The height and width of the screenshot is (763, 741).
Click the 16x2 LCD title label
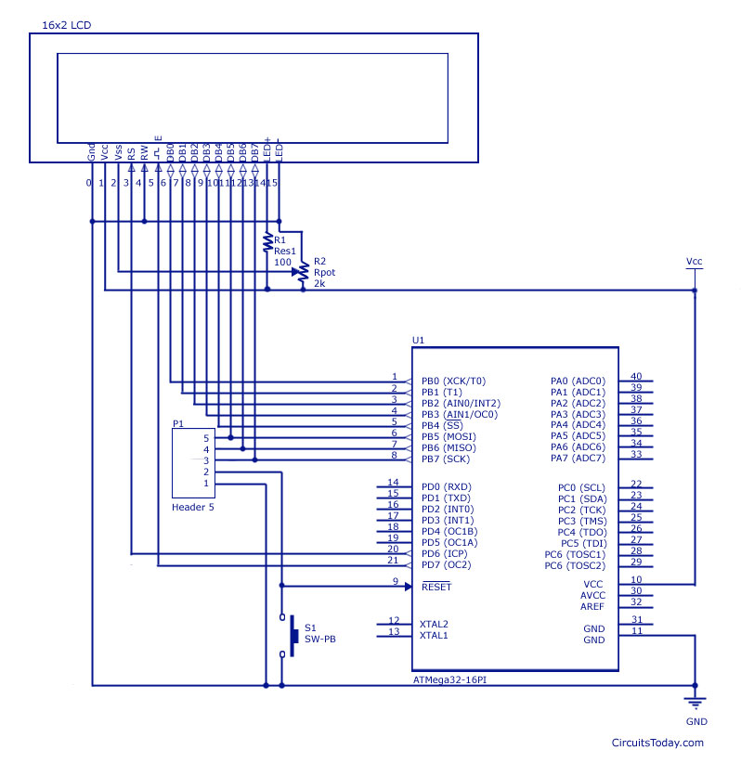(x=66, y=23)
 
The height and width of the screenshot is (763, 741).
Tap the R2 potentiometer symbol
(x=303, y=272)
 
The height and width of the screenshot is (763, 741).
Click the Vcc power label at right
(x=695, y=262)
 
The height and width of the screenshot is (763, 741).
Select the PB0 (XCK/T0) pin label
(x=453, y=381)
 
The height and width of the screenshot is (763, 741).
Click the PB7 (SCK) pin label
(x=446, y=458)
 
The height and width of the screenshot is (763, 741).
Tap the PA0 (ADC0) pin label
(x=578, y=381)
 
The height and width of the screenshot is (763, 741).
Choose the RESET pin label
(x=435, y=587)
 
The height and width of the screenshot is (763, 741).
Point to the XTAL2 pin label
(x=434, y=624)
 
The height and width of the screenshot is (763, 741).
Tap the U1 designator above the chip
(x=418, y=341)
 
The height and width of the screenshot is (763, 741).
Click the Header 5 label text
(x=193, y=508)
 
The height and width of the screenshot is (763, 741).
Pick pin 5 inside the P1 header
(x=207, y=437)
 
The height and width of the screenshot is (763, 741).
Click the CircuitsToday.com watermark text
(x=657, y=742)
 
